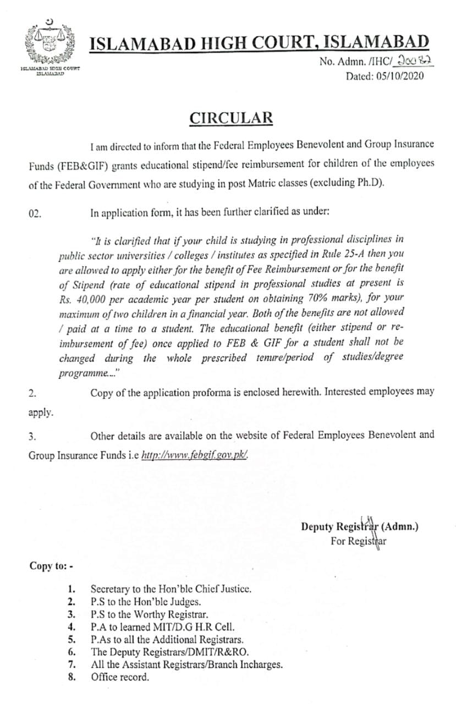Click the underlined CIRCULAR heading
[231, 118]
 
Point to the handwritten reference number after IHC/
[417, 63]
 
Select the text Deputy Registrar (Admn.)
[360, 526]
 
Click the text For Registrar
[359, 541]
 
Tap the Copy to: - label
[47, 566]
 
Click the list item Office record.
[120, 677]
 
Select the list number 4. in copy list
[71, 626]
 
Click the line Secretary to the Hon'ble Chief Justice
[171, 588]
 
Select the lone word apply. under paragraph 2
[41, 412]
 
